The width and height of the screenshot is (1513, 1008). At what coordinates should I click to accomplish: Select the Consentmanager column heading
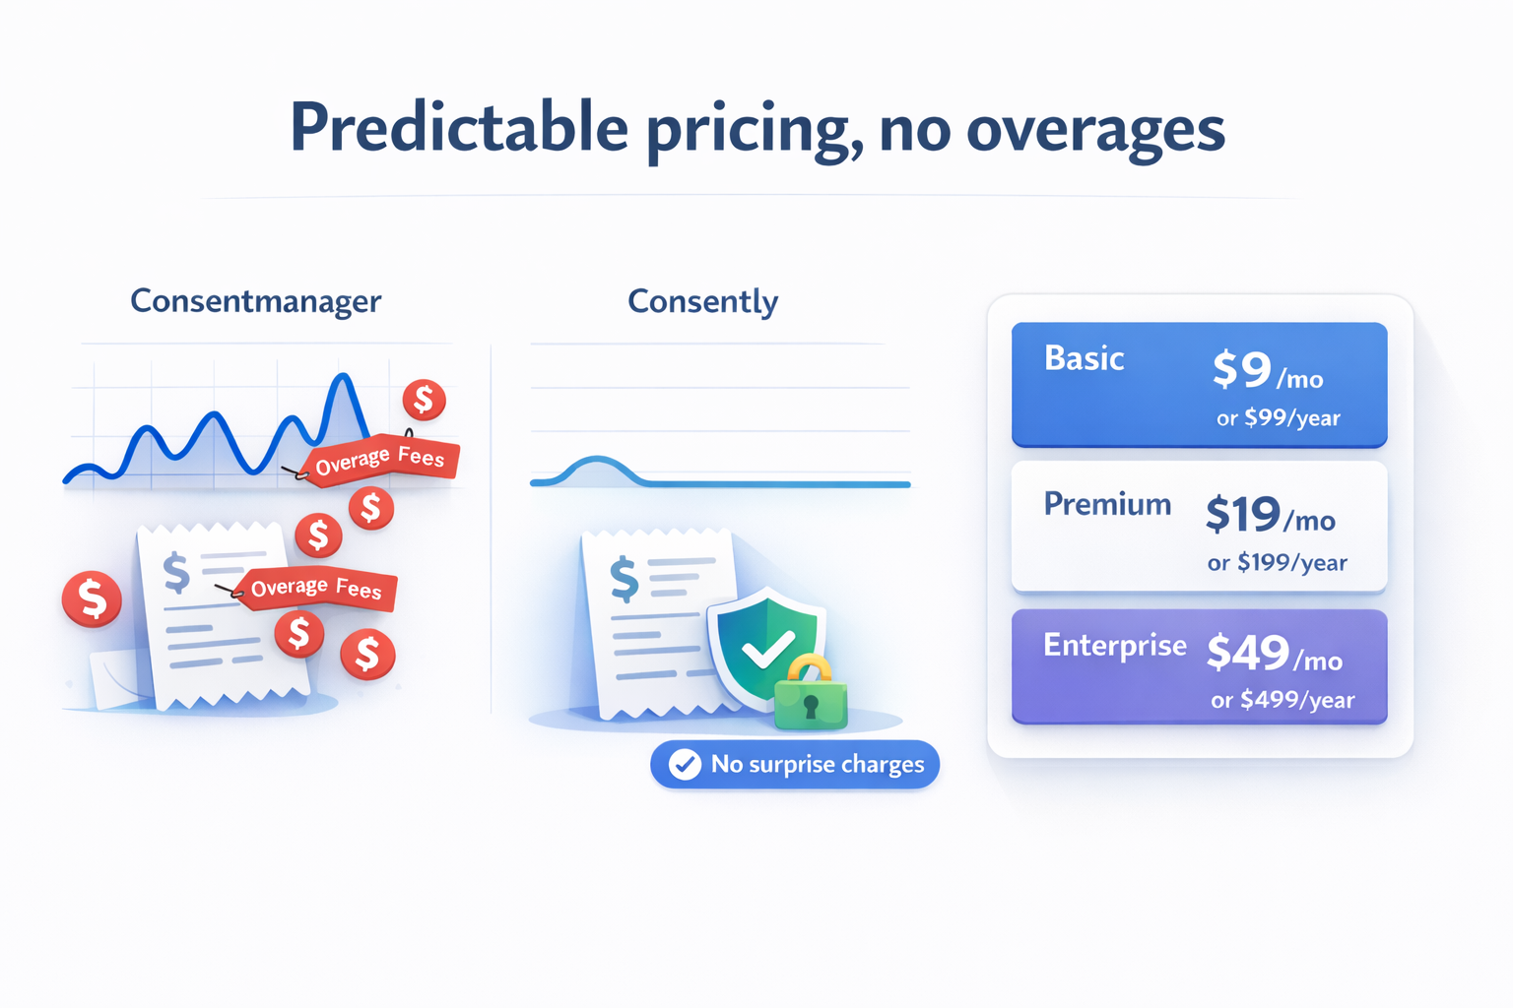pyautogui.click(x=256, y=302)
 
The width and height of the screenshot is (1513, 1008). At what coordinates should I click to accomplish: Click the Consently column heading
pyautogui.click(x=702, y=302)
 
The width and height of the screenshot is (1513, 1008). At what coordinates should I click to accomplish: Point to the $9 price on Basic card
pyautogui.click(x=1242, y=369)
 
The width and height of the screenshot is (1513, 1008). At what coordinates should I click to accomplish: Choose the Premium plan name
pyautogui.click(x=1107, y=504)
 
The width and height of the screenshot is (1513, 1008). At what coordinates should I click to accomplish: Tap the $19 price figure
pyautogui.click(x=1243, y=515)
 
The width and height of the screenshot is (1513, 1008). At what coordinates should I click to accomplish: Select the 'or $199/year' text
pyautogui.click(x=1277, y=562)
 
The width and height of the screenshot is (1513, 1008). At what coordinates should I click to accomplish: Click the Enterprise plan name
pyautogui.click(x=1114, y=646)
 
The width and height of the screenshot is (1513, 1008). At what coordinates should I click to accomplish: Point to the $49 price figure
pyautogui.click(x=1248, y=653)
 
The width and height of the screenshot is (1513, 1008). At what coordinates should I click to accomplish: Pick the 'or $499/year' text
pyautogui.click(x=1282, y=700)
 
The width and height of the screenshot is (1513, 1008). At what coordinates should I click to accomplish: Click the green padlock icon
pyautogui.click(x=811, y=694)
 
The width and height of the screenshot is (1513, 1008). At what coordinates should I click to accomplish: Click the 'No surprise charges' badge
pyautogui.click(x=795, y=764)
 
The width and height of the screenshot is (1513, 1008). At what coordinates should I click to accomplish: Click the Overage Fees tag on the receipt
pyautogui.click(x=316, y=588)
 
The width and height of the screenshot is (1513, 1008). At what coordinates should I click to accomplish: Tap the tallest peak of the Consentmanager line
pyautogui.click(x=344, y=375)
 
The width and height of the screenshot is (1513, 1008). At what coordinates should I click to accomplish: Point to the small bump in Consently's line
pyautogui.click(x=596, y=461)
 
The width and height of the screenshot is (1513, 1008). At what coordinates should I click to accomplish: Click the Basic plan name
pyautogui.click(x=1085, y=358)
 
